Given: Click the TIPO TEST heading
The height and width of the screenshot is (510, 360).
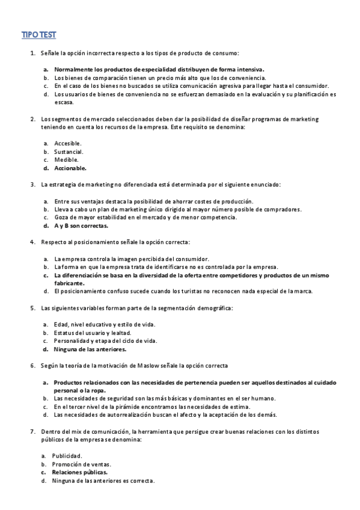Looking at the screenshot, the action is [39, 35].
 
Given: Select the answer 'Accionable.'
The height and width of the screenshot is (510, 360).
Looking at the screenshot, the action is [70, 168].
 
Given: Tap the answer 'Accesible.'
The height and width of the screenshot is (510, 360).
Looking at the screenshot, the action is [68, 143].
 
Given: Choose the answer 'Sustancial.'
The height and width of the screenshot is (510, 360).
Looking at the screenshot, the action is [69, 152].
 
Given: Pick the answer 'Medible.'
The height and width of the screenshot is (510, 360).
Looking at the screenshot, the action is [66, 160].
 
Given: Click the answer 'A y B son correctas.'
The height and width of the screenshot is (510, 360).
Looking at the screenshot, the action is [81, 226].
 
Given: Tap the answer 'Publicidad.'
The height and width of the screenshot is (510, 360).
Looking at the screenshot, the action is [67, 456].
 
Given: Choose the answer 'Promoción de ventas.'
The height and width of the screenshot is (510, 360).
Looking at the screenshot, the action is [82, 464].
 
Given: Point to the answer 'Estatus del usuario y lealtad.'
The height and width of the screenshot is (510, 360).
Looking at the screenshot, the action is [93, 333].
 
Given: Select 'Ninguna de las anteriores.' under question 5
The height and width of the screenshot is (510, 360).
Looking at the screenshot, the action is [90, 349].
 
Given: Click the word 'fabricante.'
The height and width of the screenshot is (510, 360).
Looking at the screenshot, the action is [69, 283].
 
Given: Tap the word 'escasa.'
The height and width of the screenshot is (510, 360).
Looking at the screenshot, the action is [64, 102].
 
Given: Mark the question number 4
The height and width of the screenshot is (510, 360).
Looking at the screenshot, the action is [32, 242].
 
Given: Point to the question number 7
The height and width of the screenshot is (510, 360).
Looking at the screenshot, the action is [32, 431].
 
